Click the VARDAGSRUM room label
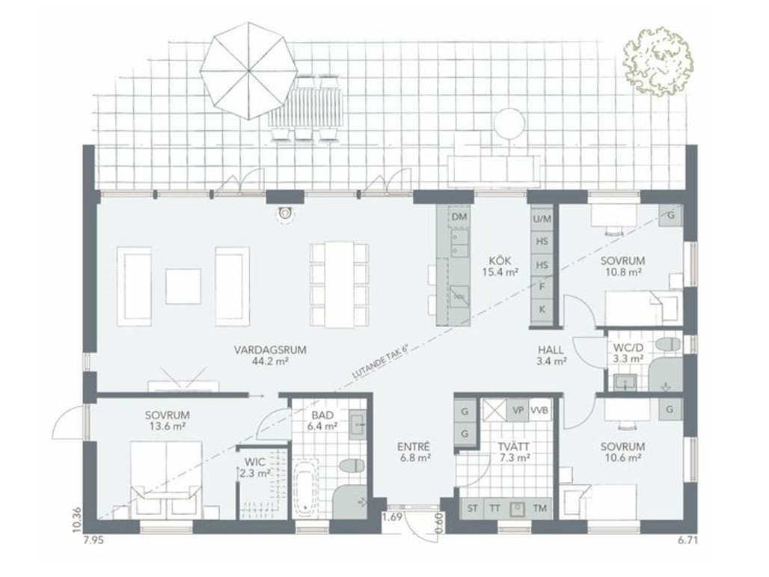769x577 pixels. (270, 350)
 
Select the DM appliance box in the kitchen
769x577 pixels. (459, 217)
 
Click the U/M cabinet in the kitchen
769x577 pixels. (542, 219)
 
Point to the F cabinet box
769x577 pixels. (542, 287)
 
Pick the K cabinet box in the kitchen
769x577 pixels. (542, 310)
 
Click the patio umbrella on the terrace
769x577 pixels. (248, 70)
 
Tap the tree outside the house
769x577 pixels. (658, 62)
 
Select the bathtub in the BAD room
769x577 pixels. (305, 488)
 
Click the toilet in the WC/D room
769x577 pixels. (669, 344)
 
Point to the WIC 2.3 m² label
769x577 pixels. (255, 468)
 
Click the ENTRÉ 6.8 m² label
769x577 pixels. (414, 452)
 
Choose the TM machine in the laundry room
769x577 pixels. (539, 508)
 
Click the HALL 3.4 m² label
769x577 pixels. (551, 356)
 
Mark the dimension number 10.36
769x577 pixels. (76, 519)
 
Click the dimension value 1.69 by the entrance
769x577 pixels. (392, 516)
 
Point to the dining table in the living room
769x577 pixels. (339, 284)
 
